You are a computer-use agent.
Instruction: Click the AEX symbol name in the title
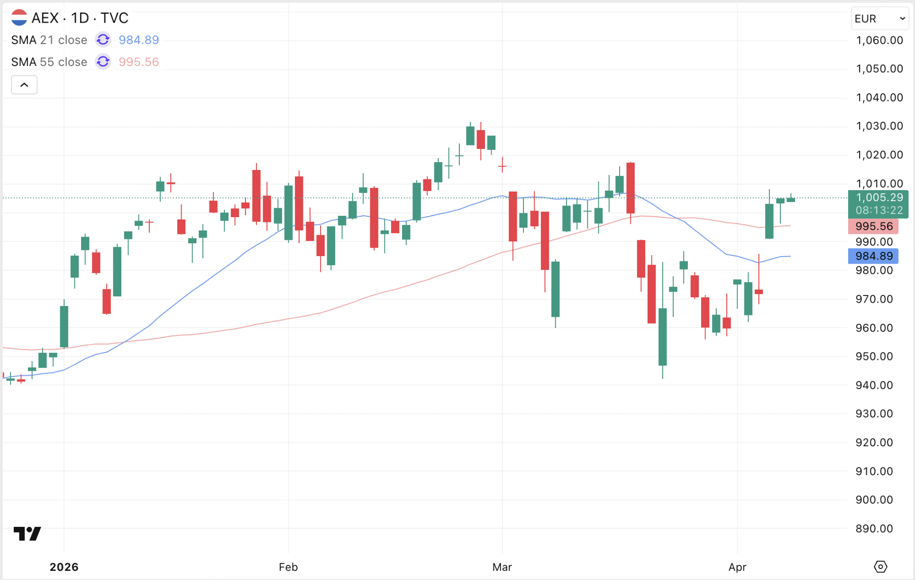(45, 18)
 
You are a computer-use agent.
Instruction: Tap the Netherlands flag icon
(19, 18)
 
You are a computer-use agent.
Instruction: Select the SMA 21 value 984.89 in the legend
(138, 40)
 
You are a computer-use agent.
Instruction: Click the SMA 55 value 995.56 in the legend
(138, 62)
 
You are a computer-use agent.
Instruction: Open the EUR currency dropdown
(879, 19)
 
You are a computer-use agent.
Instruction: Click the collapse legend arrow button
(24, 85)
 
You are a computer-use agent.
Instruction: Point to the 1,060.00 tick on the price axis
(879, 40)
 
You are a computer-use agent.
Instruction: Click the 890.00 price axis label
(874, 528)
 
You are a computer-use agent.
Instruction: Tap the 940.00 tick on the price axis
(874, 385)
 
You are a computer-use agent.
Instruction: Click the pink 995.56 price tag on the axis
(873, 226)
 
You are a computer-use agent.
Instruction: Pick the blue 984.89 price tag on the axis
(873, 256)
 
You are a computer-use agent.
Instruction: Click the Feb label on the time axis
(288, 567)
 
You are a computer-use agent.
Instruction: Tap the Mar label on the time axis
(502, 567)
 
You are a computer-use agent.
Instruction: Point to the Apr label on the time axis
(737, 567)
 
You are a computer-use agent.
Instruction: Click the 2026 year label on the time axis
(64, 567)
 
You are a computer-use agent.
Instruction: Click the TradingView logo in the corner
(27, 534)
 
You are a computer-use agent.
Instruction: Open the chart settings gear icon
(880, 566)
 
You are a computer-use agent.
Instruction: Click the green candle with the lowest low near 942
(663, 337)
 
